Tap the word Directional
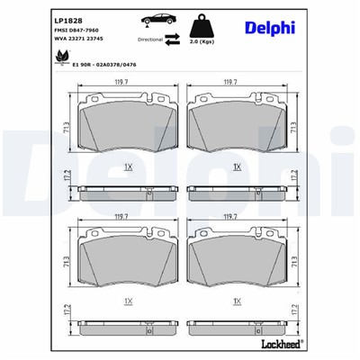(x=149, y=40)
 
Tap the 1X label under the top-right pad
(x=237, y=167)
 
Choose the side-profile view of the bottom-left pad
(x=123, y=327)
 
